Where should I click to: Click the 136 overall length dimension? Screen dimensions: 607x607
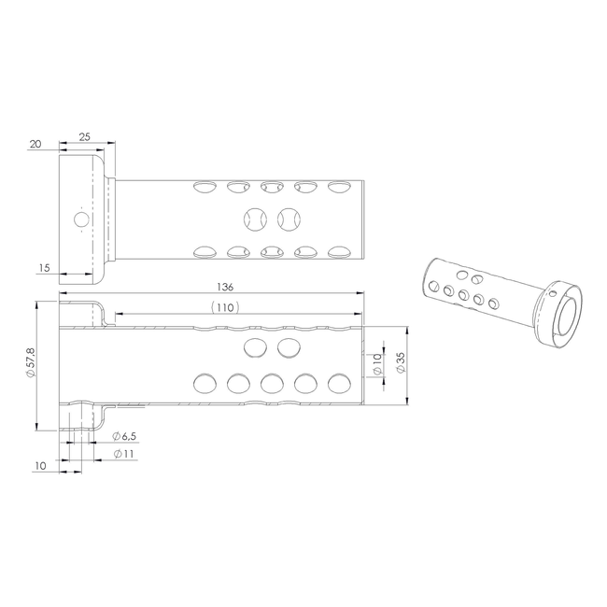(x=225, y=287)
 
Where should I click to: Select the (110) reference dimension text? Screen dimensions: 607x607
(x=225, y=307)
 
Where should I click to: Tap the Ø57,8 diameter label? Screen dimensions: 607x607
(x=30, y=362)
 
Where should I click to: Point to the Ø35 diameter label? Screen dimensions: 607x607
(x=401, y=362)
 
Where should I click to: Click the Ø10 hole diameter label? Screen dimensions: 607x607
(x=377, y=364)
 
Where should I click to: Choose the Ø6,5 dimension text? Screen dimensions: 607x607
(x=124, y=436)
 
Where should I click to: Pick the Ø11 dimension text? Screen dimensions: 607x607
(x=123, y=454)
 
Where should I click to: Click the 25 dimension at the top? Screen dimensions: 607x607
(x=84, y=136)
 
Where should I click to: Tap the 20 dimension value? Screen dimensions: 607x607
(x=35, y=144)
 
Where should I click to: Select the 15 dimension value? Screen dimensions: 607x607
(x=45, y=267)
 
